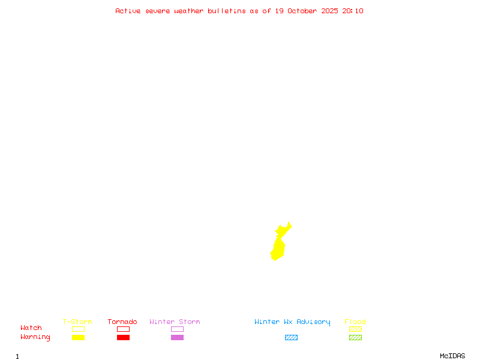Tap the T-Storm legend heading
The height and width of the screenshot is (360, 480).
tap(77, 322)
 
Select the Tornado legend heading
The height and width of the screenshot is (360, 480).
tap(122, 322)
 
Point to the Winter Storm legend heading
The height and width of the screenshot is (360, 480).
tap(175, 322)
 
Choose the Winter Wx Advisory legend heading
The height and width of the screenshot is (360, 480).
tap(292, 322)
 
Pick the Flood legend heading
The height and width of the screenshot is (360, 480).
tap(355, 322)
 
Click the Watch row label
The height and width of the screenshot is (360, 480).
tap(31, 328)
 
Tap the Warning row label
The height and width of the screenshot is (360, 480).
tap(35, 337)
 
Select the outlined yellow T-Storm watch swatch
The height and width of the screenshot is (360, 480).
tap(78, 329)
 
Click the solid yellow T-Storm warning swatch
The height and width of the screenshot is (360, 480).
tap(78, 337)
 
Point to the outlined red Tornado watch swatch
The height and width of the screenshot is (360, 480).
tap(123, 329)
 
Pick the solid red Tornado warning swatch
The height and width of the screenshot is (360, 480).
tap(123, 337)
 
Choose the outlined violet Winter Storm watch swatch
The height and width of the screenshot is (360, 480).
tap(177, 329)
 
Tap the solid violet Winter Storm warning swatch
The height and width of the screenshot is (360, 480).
tap(177, 337)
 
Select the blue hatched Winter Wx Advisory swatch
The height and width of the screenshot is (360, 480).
tap(291, 337)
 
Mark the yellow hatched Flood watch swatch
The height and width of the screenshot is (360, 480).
tap(355, 329)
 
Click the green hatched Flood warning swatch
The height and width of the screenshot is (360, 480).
tap(355, 337)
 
